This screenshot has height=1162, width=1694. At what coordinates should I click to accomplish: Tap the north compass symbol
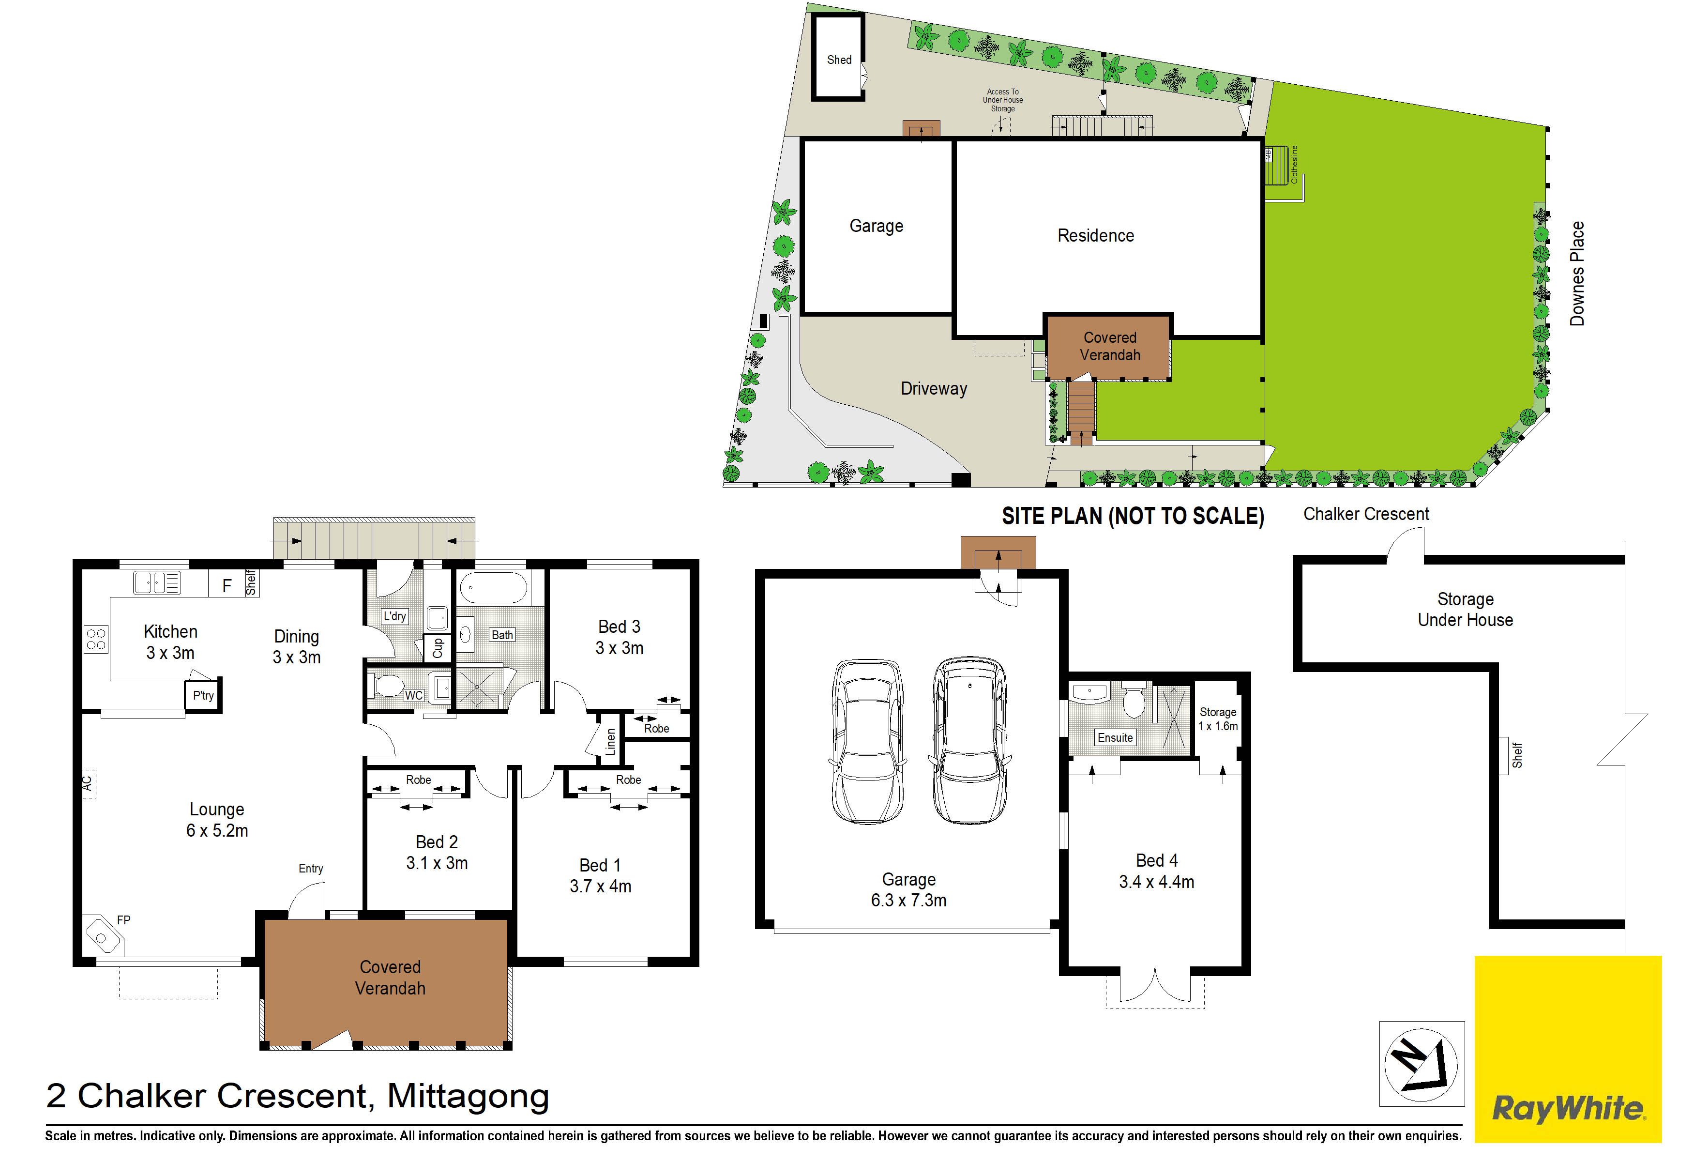1422,1064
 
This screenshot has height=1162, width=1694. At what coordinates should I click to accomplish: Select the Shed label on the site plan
839,60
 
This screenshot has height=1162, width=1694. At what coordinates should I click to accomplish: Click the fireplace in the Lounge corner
102,935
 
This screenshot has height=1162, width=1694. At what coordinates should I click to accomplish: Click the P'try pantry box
203,695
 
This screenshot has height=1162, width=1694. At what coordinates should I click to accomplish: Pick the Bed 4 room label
1157,860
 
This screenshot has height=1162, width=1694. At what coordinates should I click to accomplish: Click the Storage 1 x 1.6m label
1218,719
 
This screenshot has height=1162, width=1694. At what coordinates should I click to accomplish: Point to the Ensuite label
1115,738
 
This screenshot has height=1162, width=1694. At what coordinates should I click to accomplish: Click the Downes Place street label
1577,274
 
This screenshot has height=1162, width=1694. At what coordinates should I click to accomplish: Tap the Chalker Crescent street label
1366,514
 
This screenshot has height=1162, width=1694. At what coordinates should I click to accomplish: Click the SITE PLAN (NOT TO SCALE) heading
1133,516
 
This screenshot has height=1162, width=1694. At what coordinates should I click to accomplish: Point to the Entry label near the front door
311,868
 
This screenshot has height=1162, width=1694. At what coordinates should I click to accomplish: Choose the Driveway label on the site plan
934,389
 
